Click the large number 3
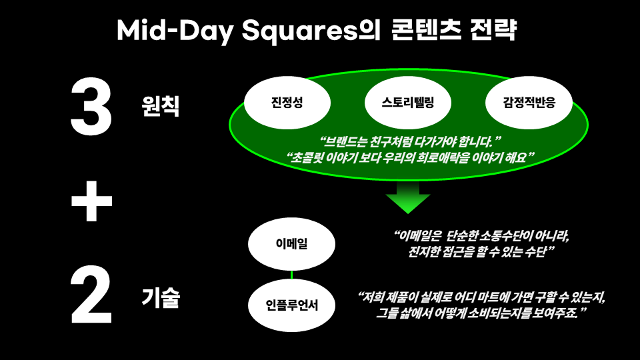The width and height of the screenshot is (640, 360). tap(91, 105)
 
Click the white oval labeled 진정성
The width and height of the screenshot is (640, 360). tap(287, 103)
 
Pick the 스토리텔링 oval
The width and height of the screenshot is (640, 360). tap(409, 103)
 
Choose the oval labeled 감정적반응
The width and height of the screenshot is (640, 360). tap(529, 103)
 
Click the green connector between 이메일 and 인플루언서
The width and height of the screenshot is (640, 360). tap(291, 275)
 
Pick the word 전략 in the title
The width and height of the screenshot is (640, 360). tap(497, 31)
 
